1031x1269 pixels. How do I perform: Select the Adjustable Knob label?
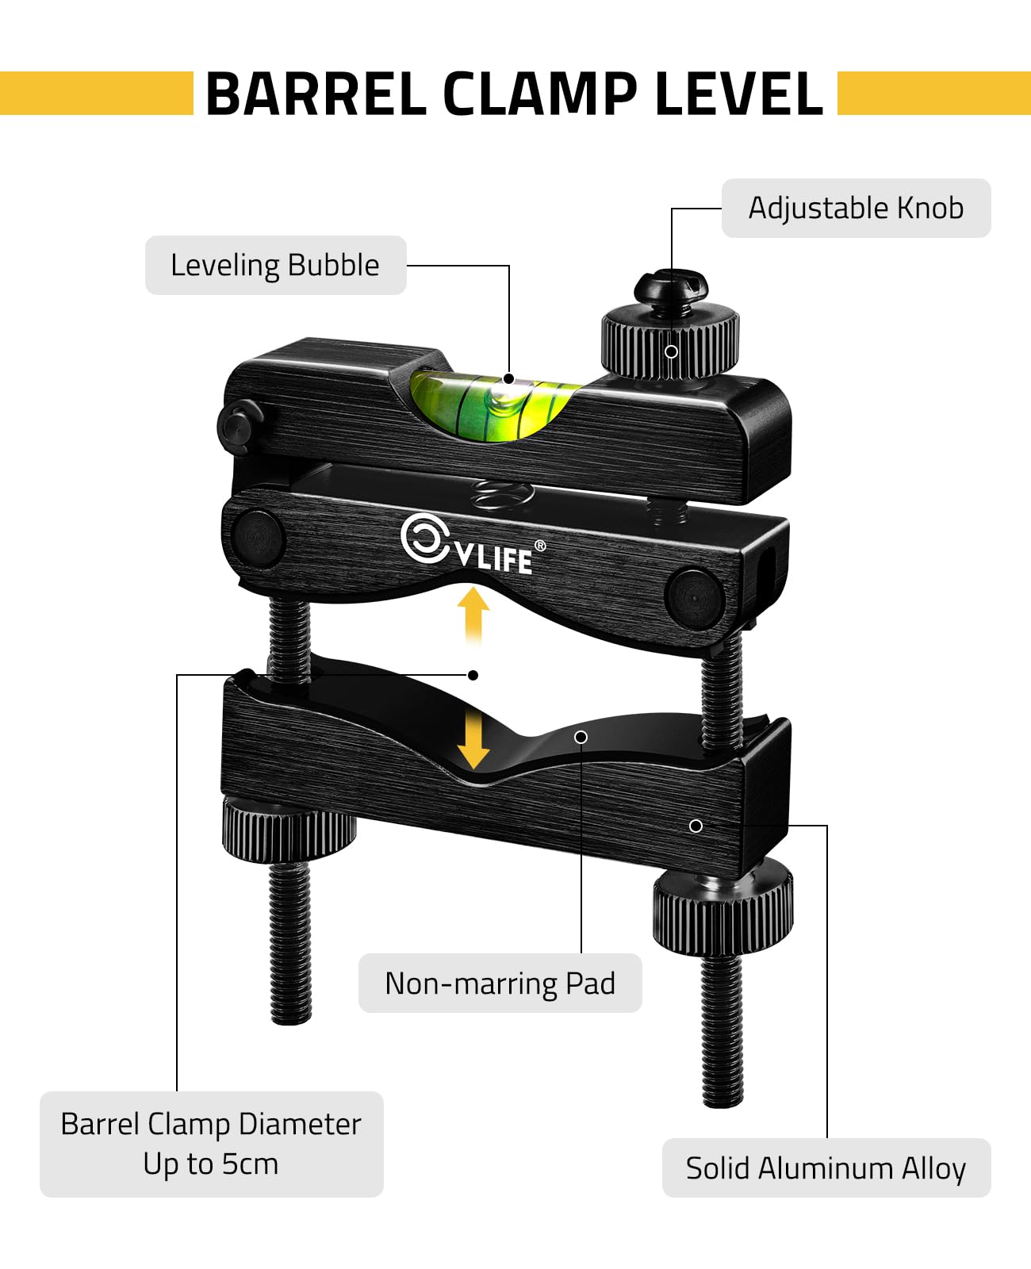coord(856,208)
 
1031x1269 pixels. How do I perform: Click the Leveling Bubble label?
coord(275,265)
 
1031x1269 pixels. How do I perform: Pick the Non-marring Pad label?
coord(500,983)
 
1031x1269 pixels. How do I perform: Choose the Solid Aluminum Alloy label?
coord(826,1168)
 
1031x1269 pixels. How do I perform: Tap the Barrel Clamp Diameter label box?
coord(211,1144)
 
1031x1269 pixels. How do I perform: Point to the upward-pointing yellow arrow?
coord(473,612)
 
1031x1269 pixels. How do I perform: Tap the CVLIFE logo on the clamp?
coord(468,545)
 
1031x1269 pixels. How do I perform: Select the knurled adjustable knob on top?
coord(671,341)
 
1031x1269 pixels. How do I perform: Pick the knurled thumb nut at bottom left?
coord(289,829)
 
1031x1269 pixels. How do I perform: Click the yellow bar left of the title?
coord(96,94)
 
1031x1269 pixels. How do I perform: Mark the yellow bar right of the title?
coord(933,94)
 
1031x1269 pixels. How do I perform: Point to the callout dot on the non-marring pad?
coord(581,737)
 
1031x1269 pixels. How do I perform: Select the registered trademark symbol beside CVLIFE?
coord(540,546)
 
